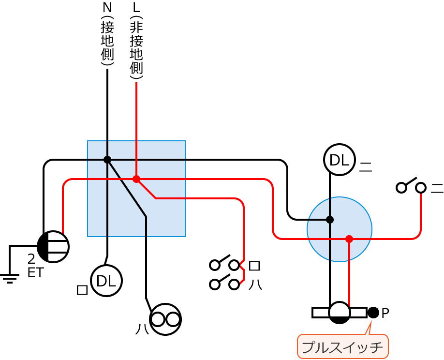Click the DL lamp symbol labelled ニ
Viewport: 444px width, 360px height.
340,160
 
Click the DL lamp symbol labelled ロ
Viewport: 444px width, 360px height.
106,281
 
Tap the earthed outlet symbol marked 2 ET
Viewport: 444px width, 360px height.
53,247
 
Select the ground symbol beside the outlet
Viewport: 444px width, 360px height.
9,277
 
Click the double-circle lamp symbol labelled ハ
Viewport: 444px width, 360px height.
165,319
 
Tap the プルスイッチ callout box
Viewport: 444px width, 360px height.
342,347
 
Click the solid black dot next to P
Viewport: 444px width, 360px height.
373,313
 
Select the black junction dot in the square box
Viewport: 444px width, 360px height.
107,160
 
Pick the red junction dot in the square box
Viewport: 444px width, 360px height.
136,179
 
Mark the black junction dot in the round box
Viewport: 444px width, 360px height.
330,220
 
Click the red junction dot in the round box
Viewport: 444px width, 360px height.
349,239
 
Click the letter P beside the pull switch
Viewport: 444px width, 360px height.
385,314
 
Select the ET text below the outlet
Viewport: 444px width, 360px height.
35,273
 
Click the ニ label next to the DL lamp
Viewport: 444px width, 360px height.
366,167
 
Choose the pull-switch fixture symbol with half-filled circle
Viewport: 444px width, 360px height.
340,313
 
